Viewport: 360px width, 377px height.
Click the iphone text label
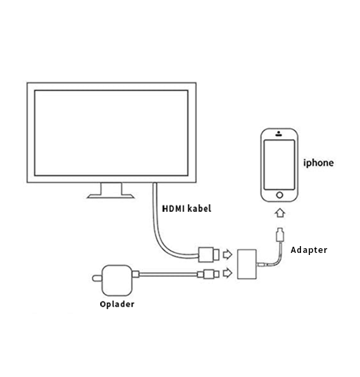318,163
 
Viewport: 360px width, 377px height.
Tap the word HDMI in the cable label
173,208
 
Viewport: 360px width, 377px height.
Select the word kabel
200,208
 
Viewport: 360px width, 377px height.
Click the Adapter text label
309,250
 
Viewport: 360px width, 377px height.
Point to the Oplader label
117,304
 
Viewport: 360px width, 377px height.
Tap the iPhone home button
280,195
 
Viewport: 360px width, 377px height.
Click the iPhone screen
279,165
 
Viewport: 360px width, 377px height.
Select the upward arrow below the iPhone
280,212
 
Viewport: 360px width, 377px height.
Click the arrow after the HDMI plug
227,254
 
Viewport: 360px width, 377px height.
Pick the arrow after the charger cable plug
227,273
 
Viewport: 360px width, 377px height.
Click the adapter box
247,264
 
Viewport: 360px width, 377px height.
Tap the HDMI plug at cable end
208,254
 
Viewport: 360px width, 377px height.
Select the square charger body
117,280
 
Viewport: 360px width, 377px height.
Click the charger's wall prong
97,278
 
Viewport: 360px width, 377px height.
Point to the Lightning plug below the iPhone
280,234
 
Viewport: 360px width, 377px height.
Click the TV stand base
110,196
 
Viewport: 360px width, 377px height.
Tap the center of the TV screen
111,133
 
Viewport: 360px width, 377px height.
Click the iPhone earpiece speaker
278,134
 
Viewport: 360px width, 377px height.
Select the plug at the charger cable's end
208,274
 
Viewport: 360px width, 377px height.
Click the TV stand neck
111,188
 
